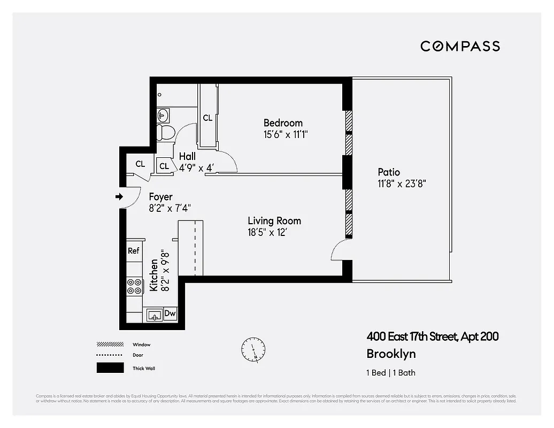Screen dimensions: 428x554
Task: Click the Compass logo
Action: [460, 46]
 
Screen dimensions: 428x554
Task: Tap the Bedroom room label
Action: [283, 123]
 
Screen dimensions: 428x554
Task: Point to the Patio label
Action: [389, 172]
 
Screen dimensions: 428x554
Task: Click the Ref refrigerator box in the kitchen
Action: [133, 250]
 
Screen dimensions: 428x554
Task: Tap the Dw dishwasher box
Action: [170, 314]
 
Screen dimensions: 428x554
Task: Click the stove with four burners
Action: [134, 287]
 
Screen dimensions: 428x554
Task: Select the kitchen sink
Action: [155, 316]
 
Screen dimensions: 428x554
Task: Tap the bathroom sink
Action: [163, 115]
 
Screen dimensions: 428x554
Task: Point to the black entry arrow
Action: [119, 197]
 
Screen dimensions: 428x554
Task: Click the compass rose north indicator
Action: [252, 349]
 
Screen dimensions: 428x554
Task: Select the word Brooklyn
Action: [391, 354]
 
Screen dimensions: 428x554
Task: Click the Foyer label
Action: [160, 197]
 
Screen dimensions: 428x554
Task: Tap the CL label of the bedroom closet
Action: [207, 118]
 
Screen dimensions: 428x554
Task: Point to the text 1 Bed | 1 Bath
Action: [391, 373]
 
